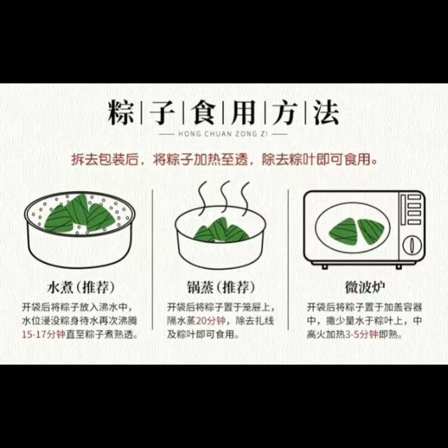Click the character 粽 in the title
tap(121, 112)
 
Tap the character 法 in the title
tap(326, 112)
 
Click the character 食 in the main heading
tap(204, 112)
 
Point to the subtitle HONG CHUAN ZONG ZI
tap(223, 133)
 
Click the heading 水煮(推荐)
tap(81, 287)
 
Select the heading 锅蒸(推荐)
tap(221, 287)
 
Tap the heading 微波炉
tap(365, 287)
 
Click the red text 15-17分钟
tap(44, 334)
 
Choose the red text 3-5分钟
tap(362, 334)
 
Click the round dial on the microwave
tap(412, 245)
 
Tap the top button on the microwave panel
tap(414, 197)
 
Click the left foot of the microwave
tap(324, 266)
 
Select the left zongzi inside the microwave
tap(344, 230)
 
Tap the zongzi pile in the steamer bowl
tap(221, 230)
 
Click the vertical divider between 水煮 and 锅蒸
tap(152, 259)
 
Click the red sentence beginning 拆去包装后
tap(224, 159)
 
